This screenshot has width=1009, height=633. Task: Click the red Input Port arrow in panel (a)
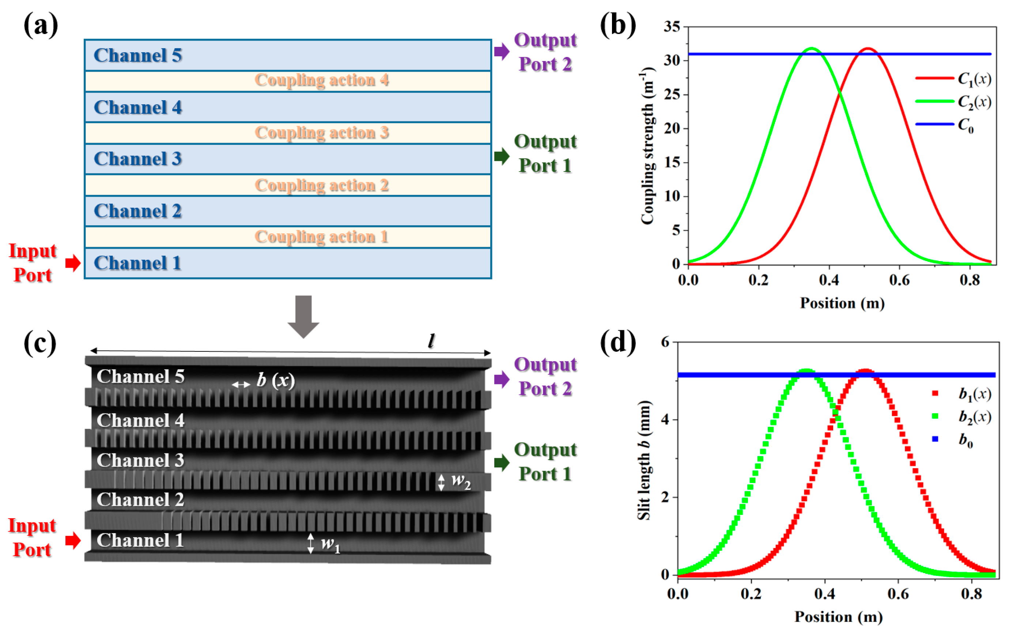[73, 263]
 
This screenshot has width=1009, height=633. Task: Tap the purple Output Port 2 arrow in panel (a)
[501, 52]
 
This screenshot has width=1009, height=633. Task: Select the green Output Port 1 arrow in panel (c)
[501, 462]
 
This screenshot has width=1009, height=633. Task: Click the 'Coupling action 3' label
[321, 133]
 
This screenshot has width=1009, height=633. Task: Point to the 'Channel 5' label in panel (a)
[138, 55]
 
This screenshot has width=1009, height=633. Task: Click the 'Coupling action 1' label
[321, 237]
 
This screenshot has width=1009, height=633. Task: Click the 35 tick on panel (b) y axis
[672, 27]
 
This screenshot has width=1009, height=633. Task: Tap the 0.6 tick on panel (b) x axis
[899, 280]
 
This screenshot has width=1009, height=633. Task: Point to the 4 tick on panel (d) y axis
[665, 419]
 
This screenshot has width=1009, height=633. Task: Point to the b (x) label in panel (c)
[275, 380]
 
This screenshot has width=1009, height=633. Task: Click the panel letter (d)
[618, 342]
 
